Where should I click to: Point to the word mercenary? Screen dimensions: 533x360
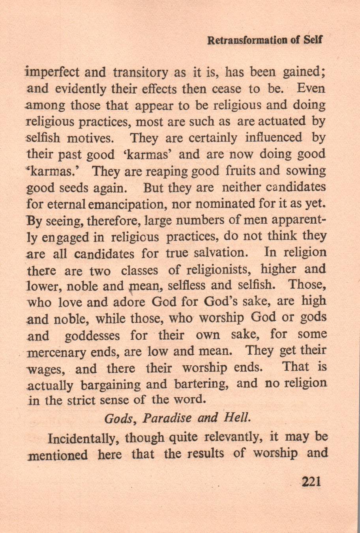[x=56, y=352]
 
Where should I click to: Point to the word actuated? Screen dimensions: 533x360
[x=278, y=121]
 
